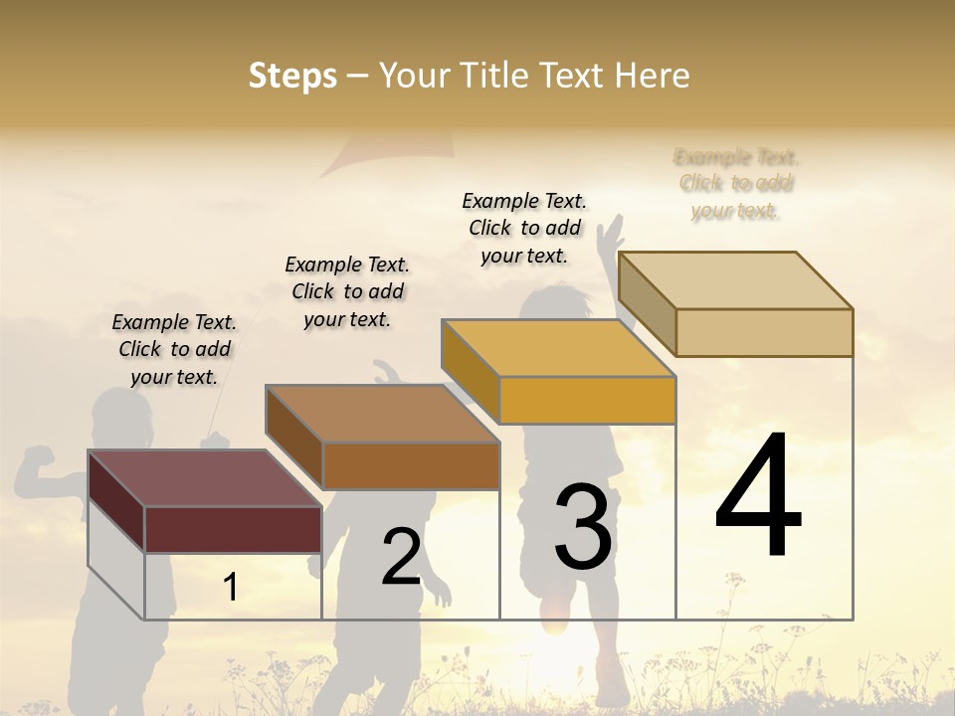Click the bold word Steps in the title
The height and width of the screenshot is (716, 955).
click(x=292, y=76)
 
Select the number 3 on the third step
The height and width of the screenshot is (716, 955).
click(x=583, y=527)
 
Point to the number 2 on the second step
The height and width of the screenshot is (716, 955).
click(x=401, y=557)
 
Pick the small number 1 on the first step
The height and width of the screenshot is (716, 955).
click(x=230, y=587)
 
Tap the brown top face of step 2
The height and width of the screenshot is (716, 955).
click(x=382, y=414)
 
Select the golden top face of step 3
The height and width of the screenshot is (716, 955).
click(x=558, y=348)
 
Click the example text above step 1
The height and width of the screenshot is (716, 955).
click(x=174, y=349)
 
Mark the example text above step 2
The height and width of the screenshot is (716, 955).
click(x=347, y=291)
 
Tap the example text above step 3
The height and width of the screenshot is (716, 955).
click(x=524, y=228)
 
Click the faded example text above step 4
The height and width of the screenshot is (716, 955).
click(x=736, y=184)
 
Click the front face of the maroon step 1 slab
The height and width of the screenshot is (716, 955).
click(x=233, y=529)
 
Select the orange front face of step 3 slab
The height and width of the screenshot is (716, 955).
click(x=587, y=400)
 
